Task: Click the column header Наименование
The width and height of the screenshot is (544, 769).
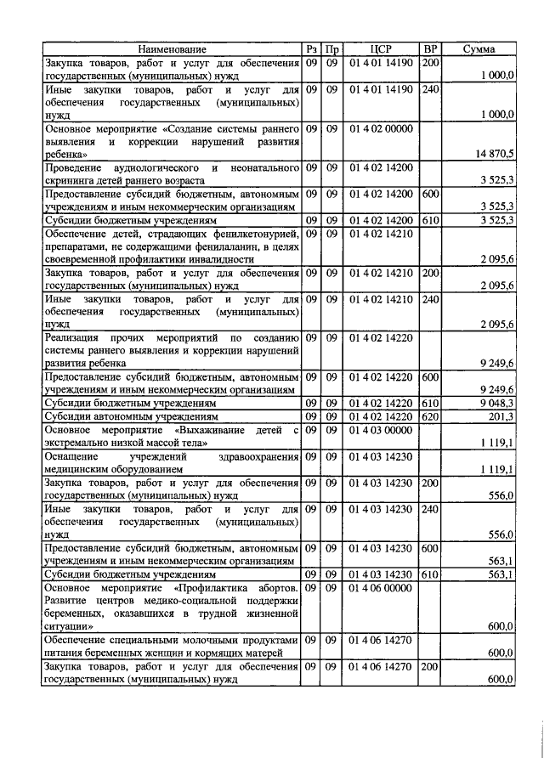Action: [x=172, y=49]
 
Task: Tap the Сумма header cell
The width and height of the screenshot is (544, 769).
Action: [x=479, y=49]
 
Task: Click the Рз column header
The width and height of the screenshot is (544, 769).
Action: [x=312, y=49]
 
